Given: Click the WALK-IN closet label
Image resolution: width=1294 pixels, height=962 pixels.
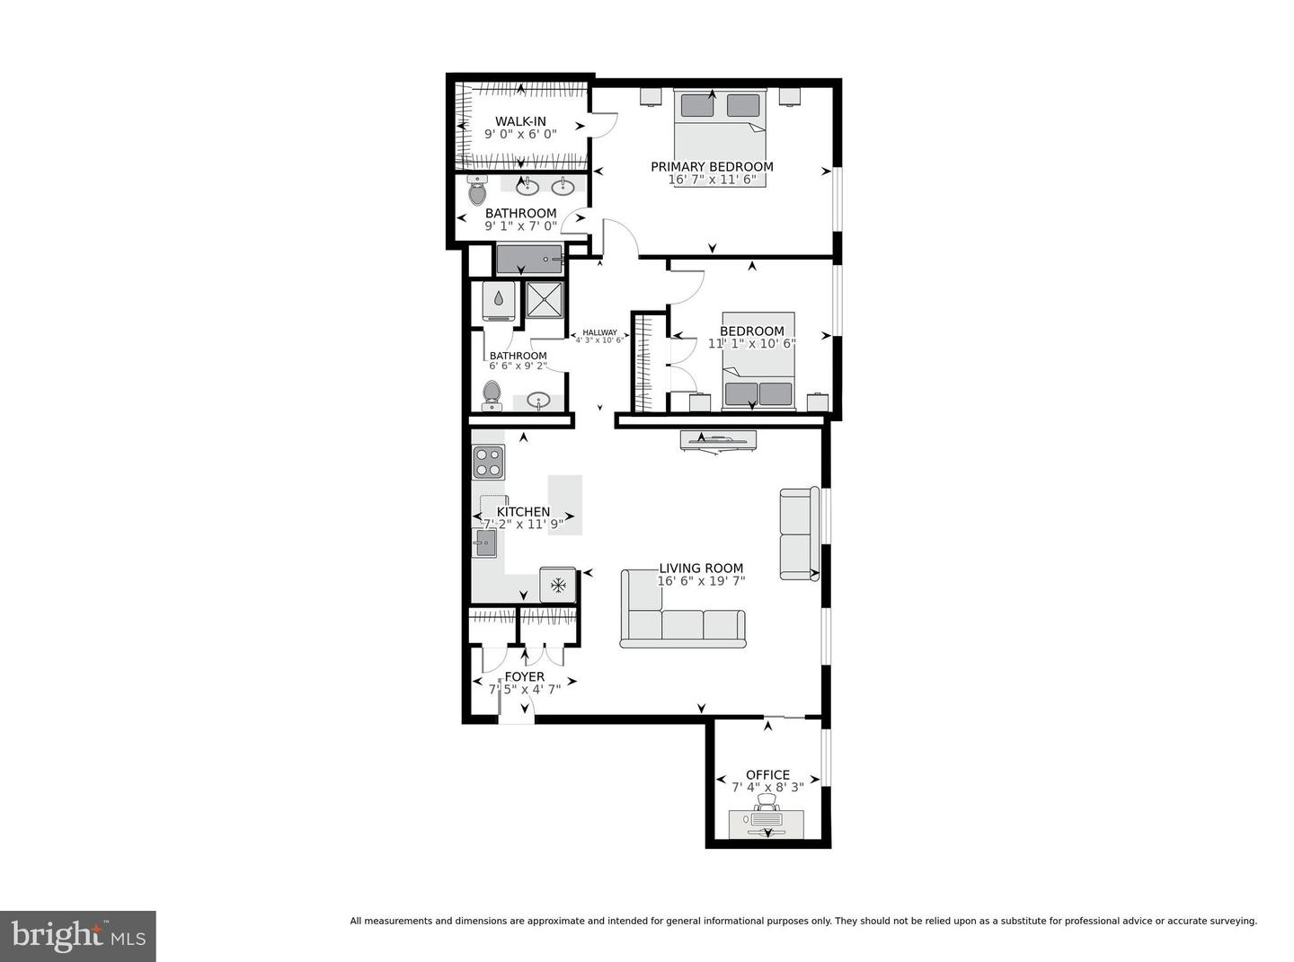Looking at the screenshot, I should coord(520,121).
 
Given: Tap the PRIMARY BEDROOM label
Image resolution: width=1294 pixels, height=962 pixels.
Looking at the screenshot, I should coord(712,166).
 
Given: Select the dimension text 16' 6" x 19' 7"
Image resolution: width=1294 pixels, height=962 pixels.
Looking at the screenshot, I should coord(701,581).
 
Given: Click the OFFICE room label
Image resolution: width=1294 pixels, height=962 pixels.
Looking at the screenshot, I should coord(767,774).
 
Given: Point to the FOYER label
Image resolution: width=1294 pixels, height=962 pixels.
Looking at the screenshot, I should coord(524,676).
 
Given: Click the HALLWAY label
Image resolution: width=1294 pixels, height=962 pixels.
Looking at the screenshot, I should coord(599,332).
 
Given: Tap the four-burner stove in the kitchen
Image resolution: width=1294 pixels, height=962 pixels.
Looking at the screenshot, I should coord(488,462).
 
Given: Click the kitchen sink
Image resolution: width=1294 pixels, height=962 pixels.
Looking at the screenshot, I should coord(485,543).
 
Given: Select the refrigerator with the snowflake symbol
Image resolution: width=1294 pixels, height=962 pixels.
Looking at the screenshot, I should coord(557,585).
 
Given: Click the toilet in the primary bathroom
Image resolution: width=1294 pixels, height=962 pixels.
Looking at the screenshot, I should coord(476,191).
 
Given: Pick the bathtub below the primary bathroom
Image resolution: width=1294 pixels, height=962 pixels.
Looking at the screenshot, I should coord(529,260).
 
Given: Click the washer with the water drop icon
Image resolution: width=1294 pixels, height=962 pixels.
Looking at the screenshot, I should coord(499,301).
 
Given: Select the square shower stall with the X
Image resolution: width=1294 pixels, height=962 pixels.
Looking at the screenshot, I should coord(544,299).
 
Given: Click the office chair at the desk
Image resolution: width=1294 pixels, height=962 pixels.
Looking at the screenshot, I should coord(767,803).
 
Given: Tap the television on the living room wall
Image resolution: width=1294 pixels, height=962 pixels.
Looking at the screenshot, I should coord(718,440).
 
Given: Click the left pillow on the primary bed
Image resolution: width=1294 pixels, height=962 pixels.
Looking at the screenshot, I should coord(696,105).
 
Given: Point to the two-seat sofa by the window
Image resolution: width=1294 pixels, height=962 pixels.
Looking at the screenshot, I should coord(798,534).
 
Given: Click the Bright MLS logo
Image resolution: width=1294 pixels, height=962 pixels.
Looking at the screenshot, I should coord(78,936).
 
